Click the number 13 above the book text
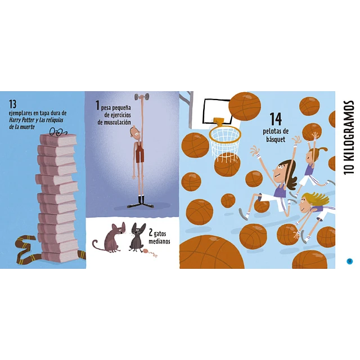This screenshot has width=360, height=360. coord(12,104)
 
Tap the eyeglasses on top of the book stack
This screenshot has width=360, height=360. coord(58,132)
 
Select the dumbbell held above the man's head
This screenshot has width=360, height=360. coord(142,97)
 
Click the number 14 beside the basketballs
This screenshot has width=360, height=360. coord(275,119)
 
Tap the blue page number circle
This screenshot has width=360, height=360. coord(349,261)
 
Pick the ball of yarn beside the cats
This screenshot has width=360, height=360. coord(146,251)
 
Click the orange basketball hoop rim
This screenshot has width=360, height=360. coord(225,134)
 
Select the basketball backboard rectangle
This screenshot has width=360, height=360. coord(217,111)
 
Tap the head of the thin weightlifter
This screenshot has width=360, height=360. coord(135,134)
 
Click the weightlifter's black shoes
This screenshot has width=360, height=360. coord(141,204)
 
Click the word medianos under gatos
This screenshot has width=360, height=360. coord(159,241)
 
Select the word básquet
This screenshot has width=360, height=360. coord(276,139)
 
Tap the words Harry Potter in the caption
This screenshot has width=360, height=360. coord(21,120)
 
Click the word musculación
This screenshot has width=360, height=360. coord(114,122)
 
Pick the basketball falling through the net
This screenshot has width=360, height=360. coord(227,164)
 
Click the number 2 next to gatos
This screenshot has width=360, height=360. coord(151,232)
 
